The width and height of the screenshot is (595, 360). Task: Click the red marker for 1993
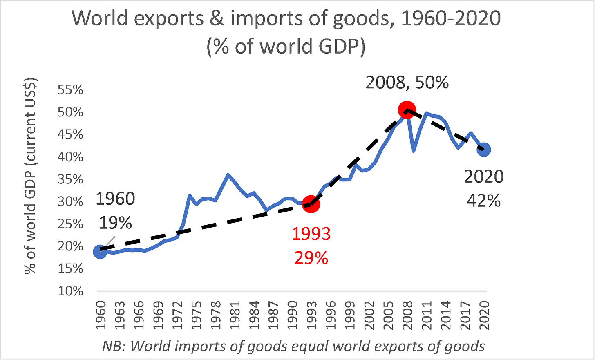coord(311,204)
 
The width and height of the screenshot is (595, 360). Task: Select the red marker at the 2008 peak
coord(407,110)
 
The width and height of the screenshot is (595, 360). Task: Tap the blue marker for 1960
coord(100,252)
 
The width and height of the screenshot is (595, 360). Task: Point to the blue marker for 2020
coord(484,150)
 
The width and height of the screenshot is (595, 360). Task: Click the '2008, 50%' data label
coord(407,83)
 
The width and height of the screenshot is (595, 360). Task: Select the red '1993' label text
coord(311,234)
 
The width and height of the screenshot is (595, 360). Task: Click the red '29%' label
coord(311,258)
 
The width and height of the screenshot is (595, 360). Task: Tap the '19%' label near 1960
coord(115,222)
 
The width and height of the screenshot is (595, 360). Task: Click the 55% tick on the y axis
coord(70,90)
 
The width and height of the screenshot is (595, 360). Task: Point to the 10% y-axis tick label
coord(70,291)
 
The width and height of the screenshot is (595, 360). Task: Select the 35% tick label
coord(70,179)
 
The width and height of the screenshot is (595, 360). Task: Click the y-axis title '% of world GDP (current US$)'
coord(31,176)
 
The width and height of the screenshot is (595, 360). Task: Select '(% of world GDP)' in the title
coord(286,46)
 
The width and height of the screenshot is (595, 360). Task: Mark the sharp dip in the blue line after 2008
coord(414,150)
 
